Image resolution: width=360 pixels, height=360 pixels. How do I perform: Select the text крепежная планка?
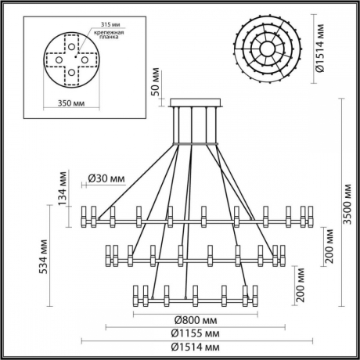pyautogui.click(x=108, y=37)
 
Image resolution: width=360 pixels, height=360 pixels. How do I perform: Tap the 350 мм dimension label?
pyautogui.click(x=72, y=103)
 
